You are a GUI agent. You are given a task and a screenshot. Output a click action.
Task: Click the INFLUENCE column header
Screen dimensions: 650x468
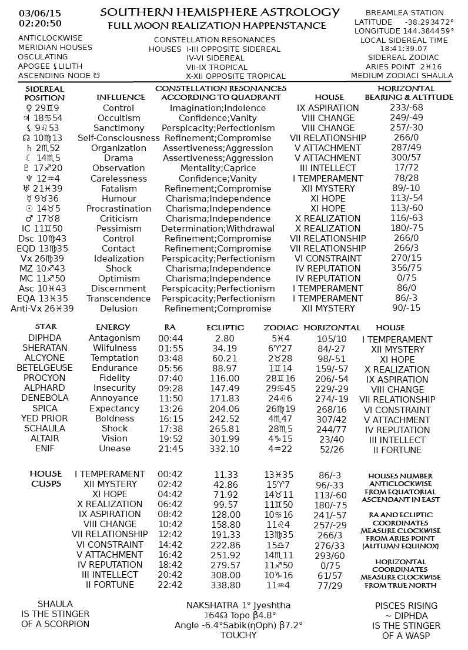coord(121,97)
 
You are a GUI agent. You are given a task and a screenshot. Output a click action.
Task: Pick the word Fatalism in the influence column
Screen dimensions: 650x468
coord(118,189)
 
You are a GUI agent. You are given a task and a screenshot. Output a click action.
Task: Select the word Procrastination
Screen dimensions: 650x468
coord(118,209)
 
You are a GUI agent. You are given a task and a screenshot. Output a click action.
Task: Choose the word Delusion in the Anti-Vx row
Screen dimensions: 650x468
coord(118,309)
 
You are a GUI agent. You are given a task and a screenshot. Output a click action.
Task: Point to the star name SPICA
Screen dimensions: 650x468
coord(45,408)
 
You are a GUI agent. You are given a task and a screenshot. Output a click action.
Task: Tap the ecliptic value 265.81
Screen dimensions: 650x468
coord(225,428)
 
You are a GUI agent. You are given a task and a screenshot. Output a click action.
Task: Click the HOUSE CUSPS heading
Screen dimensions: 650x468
coord(46,478)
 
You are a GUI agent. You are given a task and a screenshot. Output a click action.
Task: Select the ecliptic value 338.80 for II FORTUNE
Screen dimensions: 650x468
coord(225,585)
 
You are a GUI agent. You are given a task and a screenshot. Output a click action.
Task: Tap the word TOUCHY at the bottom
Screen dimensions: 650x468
coord(238,635)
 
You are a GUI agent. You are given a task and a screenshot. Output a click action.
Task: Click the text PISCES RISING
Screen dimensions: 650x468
coord(406,606)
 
